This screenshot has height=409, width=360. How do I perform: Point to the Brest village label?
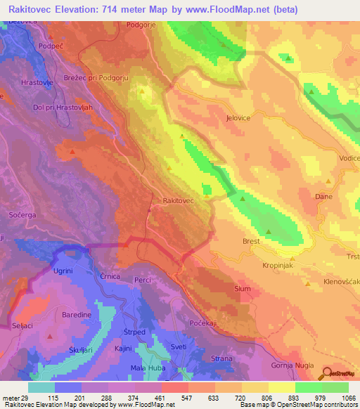point(251,241)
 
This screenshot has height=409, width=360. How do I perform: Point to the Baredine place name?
point(77,316)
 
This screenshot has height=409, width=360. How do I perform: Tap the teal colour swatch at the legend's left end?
point(41,387)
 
